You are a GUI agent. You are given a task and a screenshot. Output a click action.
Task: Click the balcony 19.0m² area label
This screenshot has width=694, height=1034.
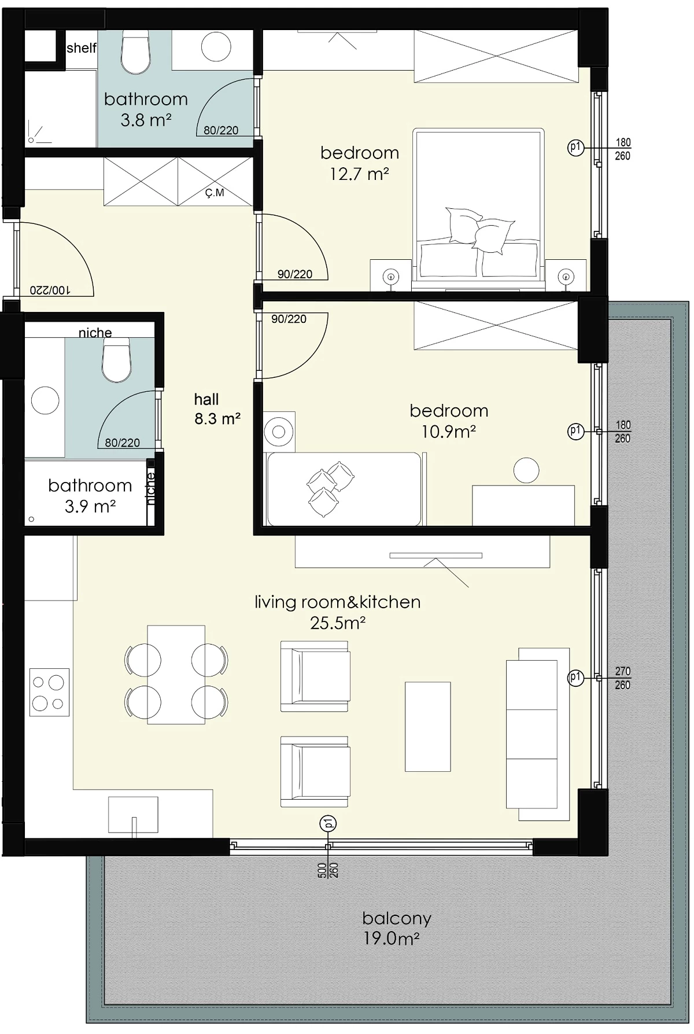[x=397, y=928]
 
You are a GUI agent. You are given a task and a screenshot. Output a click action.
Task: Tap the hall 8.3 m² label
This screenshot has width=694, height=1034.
[x=217, y=409]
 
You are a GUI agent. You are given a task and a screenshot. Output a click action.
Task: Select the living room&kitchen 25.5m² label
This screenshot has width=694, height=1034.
[x=338, y=612]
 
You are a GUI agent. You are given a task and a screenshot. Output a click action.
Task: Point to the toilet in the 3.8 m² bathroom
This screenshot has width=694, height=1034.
[x=136, y=53]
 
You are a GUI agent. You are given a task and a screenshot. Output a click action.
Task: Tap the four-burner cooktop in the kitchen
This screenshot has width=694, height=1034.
[x=49, y=692]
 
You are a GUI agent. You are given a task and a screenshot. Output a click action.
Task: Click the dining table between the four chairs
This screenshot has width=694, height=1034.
[x=176, y=674]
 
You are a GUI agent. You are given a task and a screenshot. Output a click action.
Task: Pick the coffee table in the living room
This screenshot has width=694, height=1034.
[x=427, y=727]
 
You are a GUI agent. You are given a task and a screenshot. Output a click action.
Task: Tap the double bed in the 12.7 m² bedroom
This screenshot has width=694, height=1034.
[x=478, y=209]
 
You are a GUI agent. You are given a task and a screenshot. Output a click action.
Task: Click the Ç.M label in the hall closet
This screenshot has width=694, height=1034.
[x=215, y=193]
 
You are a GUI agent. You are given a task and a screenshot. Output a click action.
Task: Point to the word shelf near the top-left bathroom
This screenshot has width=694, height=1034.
[x=81, y=47]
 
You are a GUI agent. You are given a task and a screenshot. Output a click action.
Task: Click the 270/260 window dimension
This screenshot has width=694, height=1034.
[x=623, y=678]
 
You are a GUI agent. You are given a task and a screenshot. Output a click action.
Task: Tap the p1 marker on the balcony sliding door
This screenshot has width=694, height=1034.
[x=328, y=823]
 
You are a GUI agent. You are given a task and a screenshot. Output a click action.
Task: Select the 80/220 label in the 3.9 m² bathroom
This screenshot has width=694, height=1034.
[x=123, y=443]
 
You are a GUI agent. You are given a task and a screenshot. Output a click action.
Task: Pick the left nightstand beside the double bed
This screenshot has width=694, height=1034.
[x=391, y=275]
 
